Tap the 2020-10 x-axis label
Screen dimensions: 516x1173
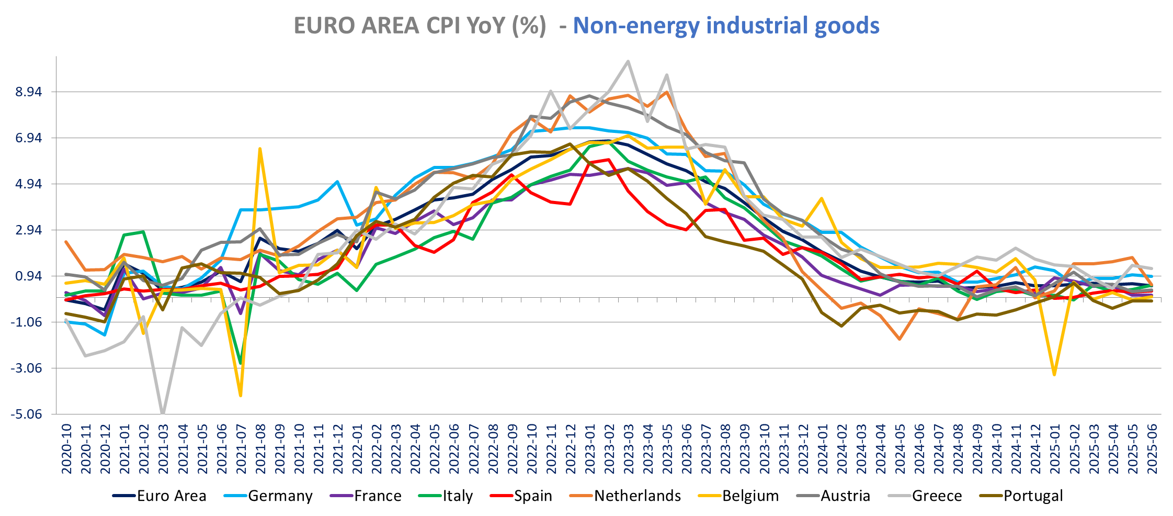click(66, 449)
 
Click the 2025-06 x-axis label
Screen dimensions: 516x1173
click(1152, 449)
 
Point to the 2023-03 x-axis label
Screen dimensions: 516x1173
click(629, 449)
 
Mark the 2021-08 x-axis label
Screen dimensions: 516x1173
click(260, 449)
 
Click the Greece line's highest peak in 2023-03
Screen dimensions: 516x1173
click(628, 61)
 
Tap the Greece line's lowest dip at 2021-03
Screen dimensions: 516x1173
click(163, 413)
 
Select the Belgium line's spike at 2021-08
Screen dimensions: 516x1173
click(260, 149)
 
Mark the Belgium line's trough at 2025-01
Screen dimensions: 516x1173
click(1054, 375)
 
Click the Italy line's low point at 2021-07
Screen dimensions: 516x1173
click(241, 363)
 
